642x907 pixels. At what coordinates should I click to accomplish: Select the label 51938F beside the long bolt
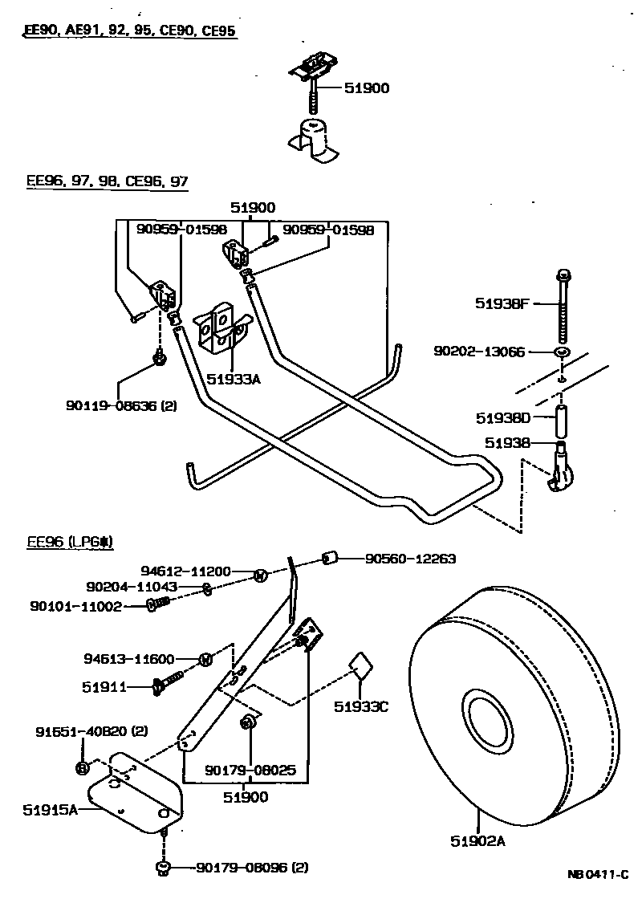502,303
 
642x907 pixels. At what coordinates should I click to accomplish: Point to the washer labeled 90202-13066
562,352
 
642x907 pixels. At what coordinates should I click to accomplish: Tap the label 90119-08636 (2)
121,406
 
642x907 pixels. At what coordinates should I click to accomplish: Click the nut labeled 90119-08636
159,357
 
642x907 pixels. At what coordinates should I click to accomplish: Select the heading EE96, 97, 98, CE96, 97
108,181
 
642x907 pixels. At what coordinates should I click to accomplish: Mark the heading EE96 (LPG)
71,542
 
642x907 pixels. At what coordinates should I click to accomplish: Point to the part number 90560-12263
410,559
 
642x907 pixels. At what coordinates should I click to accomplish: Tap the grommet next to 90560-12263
329,558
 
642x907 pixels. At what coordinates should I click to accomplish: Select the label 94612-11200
185,571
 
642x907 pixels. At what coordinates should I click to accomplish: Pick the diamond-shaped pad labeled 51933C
360,666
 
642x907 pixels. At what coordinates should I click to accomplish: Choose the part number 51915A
50,810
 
